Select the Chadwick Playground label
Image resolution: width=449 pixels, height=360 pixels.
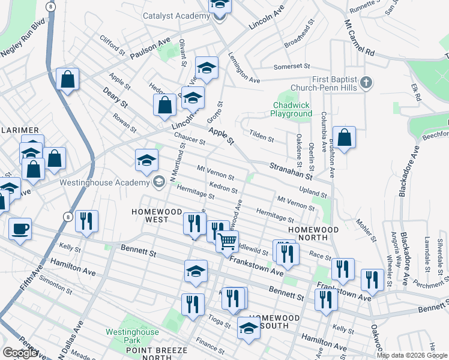(290, 109)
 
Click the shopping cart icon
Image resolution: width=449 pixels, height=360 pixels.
(228, 242)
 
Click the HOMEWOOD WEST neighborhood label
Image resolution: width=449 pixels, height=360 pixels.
(157, 215)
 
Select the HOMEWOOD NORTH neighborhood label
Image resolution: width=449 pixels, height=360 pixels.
(313, 234)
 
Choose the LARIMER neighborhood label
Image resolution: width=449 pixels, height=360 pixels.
(19, 130)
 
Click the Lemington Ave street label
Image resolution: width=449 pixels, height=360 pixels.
(244, 68)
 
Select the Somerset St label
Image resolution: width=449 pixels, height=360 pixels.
(291, 67)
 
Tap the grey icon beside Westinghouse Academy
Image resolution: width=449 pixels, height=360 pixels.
(159, 182)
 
